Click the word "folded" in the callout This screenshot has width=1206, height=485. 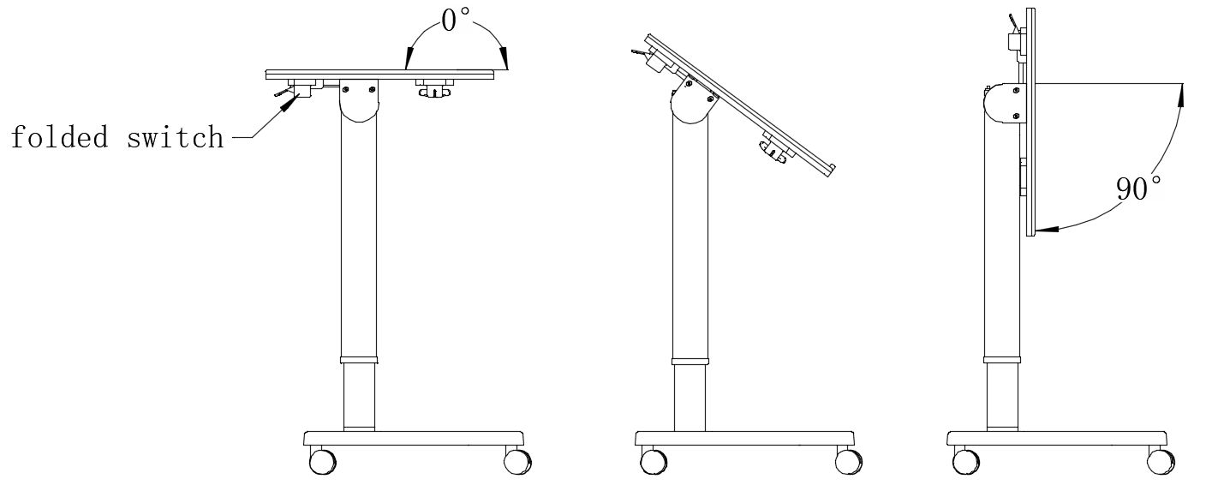59,137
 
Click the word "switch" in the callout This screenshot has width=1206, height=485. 175,137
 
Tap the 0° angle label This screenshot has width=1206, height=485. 455,21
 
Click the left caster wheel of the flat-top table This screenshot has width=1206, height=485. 323,461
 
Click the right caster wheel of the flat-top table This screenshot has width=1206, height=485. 517,461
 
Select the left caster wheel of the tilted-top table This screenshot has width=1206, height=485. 654,461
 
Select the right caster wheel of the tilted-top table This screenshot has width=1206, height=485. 849,461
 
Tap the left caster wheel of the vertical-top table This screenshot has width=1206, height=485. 966,461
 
